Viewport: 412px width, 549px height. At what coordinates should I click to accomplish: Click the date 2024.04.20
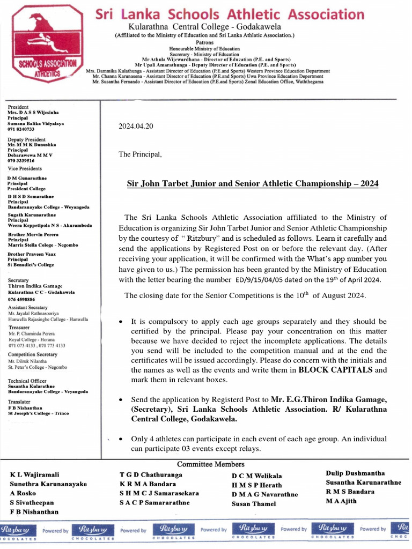[136, 127]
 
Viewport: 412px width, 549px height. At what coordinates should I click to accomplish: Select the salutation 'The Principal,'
[140, 154]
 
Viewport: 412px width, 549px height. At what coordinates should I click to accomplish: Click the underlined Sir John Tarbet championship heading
[252, 184]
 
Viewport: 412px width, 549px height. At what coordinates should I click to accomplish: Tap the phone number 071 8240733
[21, 129]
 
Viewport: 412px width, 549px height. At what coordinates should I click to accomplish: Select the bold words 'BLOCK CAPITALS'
[335, 370]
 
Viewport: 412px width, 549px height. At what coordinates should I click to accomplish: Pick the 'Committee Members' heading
[211, 464]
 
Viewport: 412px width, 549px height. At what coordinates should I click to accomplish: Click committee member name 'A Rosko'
[23, 493]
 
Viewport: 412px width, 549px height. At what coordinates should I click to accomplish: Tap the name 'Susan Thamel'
[254, 504]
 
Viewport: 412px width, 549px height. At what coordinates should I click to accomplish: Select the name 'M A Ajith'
[342, 501]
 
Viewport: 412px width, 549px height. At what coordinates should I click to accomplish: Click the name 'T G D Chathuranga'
[151, 475]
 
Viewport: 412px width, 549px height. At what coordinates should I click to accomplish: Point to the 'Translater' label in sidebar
[19, 402]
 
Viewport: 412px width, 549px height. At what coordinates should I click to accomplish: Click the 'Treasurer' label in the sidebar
[19, 327]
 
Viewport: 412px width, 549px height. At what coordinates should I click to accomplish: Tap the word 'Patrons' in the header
[204, 42]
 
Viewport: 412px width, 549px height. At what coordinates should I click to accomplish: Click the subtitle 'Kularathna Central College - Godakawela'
[204, 27]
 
